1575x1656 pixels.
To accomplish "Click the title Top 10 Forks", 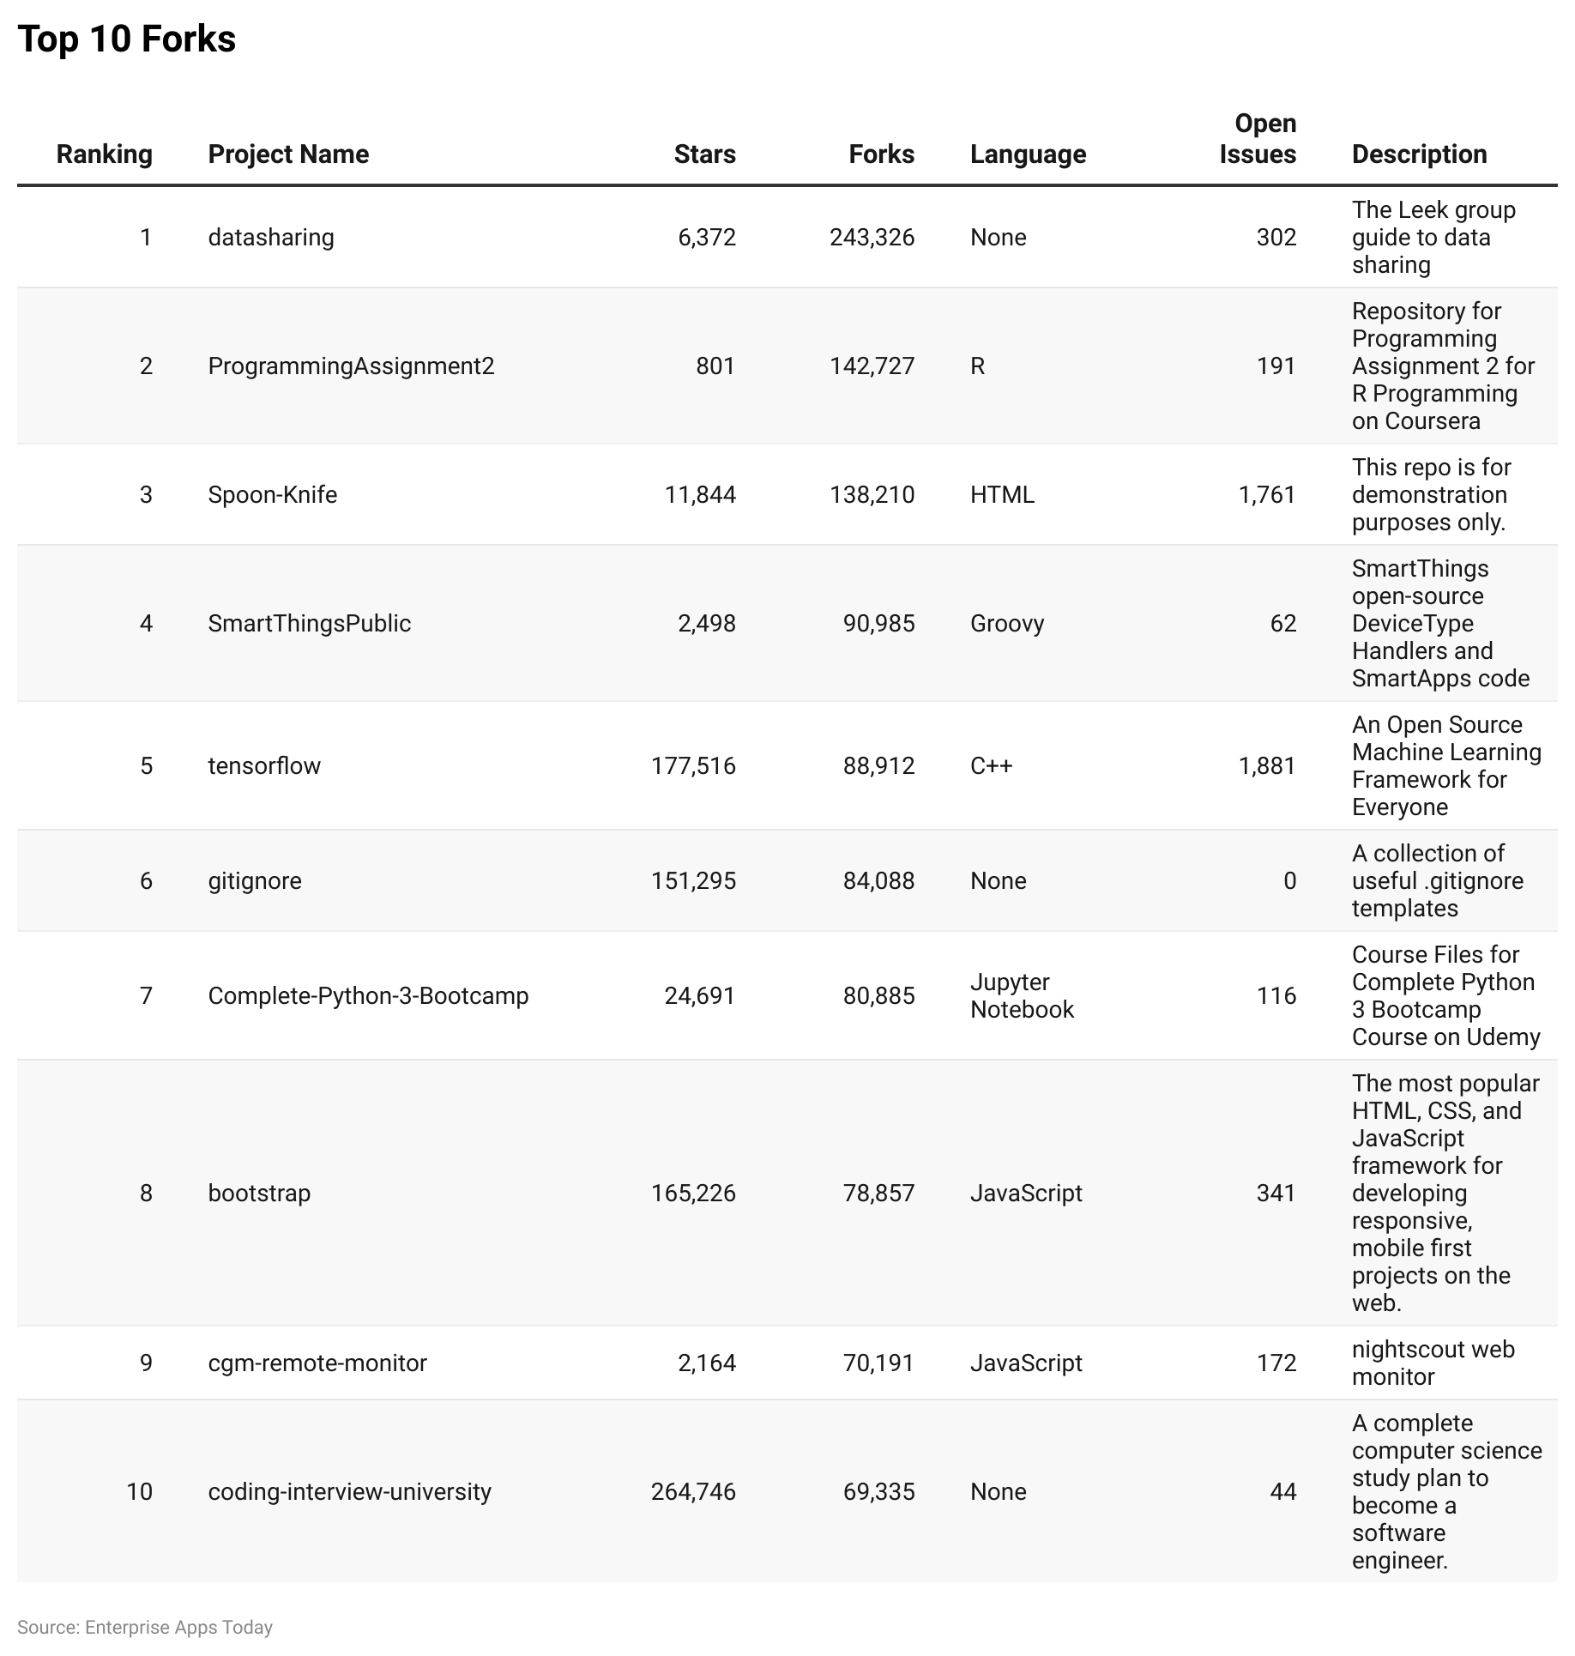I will pyautogui.click(x=126, y=39).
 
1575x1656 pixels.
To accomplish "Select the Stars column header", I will pyautogui.click(x=704, y=154).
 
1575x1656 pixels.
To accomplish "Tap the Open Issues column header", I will pyautogui.click(x=1258, y=139).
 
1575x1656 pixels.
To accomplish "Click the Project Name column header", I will pyautogui.click(x=288, y=154).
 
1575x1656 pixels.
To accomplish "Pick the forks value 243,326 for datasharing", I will pyautogui.click(x=872, y=238).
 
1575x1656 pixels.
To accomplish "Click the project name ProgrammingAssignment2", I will pyautogui.click(x=351, y=366).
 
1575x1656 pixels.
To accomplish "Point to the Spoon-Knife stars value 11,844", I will pyautogui.click(x=700, y=495).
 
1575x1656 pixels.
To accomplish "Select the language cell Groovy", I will pyautogui.click(x=1007, y=624).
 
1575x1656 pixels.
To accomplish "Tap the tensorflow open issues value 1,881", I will pyautogui.click(x=1267, y=765).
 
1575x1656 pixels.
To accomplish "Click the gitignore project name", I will pyautogui.click(x=255, y=881).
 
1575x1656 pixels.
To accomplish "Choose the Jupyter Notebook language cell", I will pyautogui.click(x=1022, y=996).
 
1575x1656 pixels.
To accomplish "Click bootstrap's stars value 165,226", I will pyautogui.click(x=693, y=1194).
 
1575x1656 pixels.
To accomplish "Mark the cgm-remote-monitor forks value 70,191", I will pyautogui.click(x=878, y=1363).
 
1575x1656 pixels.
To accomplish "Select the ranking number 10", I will pyautogui.click(x=139, y=1492).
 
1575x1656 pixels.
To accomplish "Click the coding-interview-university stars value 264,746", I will pyautogui.click(x=693, y=1492).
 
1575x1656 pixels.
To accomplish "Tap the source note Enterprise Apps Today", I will pyautogui.click(x=145, y=1628).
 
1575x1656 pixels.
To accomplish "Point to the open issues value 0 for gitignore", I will pyautogui.click(x=1289, y=881).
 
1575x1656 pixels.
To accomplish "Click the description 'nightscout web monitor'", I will pyautogui.click(x=1433, y=1363).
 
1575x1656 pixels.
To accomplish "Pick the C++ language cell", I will pyautogui.click(x=991, y=765).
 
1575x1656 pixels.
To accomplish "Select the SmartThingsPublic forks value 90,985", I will pyautogui.click(x=878, y=624).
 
